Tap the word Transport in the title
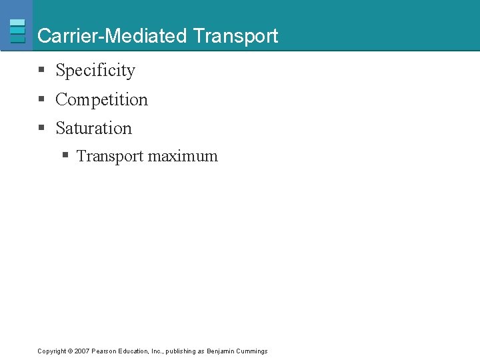[x=235, y=36]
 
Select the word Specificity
[x=95, y=71]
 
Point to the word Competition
[x=101, y=100]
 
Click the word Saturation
[x=93, y=128]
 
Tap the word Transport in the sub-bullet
[x=110, y=156]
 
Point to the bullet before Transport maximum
[x=65, y=156]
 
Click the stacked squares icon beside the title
[x=18, y=31]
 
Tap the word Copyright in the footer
[x=51, y=351]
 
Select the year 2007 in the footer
[x=82, y=351]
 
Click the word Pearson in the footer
[x=104, y=351]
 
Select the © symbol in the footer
[x=69, y=351]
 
